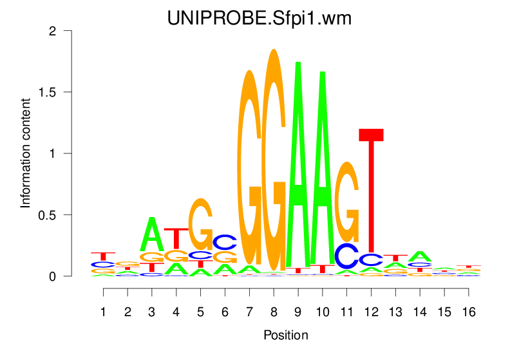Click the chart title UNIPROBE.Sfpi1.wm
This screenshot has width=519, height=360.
(x=259, y=19)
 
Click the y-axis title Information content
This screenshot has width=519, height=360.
(x=26, y=153)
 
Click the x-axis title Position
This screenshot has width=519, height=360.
(x=286, y=335)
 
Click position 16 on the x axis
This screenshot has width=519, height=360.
(x=469, y=312)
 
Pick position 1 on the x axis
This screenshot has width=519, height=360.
(x=104, y=312)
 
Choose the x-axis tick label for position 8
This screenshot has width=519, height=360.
(x=274, y=312)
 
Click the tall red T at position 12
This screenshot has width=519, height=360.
(x=371, y=193)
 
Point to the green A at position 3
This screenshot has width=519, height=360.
(x=153, y=235)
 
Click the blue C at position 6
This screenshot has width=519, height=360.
(x=225, y=242)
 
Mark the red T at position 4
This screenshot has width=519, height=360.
(x=176, y=237)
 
